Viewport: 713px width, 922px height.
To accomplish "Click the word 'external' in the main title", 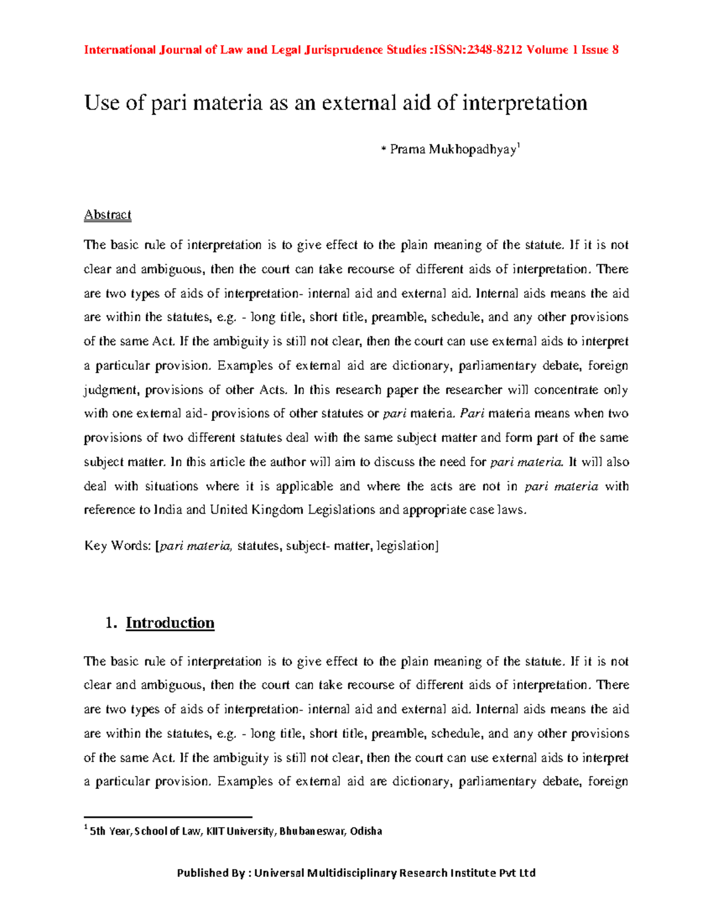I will click(358, 103).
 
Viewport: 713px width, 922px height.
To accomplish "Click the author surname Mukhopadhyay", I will click(472, 150).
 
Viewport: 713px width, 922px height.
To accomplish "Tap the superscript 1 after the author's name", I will click(519, 145).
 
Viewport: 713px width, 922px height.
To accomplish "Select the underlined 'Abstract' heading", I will click(108, 215).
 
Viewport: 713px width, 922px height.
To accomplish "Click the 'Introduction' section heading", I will click(170, 623).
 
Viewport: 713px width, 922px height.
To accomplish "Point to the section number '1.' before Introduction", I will click(110, 623).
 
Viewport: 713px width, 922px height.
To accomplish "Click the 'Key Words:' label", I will click(118, 546).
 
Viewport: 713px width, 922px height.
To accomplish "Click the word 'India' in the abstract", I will click(168, 510).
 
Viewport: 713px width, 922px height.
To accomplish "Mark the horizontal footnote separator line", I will click(168, 817).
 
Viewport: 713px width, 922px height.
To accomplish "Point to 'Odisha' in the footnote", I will click(366, 831).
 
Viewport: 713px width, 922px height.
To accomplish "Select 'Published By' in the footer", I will click(211, 873).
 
